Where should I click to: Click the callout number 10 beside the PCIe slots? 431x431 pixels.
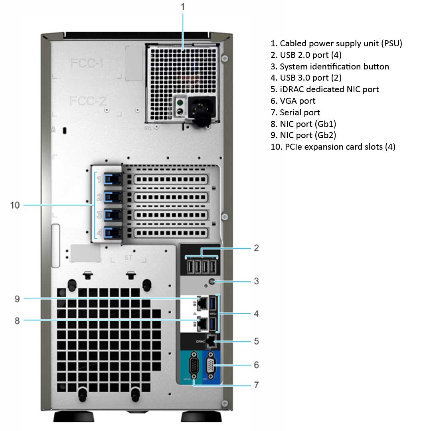(15, 205)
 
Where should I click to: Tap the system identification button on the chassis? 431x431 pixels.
(216, 282)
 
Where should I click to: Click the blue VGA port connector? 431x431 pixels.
(212, 365)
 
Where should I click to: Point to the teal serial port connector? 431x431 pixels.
(194, 365)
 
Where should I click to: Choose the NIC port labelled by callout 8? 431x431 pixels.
(203, 324)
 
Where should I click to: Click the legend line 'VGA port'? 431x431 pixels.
(293, 101)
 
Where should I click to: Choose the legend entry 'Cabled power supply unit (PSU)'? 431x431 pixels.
(336, 43)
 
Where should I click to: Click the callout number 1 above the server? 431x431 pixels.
(183, 7)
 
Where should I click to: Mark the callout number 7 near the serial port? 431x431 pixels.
(256, 385)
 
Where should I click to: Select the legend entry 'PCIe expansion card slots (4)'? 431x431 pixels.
(333, 147)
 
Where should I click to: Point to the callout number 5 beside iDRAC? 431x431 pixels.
(256, 341)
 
